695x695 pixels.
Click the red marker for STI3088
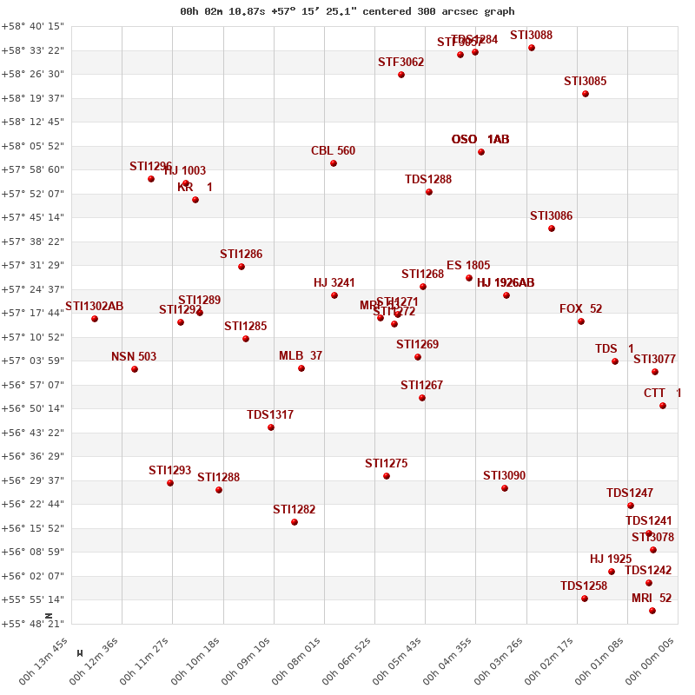point(532,48)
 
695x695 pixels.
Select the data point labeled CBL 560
point(334,163)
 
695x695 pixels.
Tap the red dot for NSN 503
point(135,369)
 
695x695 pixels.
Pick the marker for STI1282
point(295,522)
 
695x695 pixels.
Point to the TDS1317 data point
point(271,427)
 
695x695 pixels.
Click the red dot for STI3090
point(505,488)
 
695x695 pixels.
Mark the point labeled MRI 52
point(652,611)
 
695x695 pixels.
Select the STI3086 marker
point(552,228)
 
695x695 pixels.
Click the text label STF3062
point(400,63)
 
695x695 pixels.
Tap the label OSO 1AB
point(480,140)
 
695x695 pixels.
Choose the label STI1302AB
point(95,307)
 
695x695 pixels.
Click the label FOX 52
point(580,309)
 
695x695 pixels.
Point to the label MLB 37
point(301,356)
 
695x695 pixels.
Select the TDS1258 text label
point(584,586)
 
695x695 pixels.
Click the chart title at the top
point(347,11)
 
